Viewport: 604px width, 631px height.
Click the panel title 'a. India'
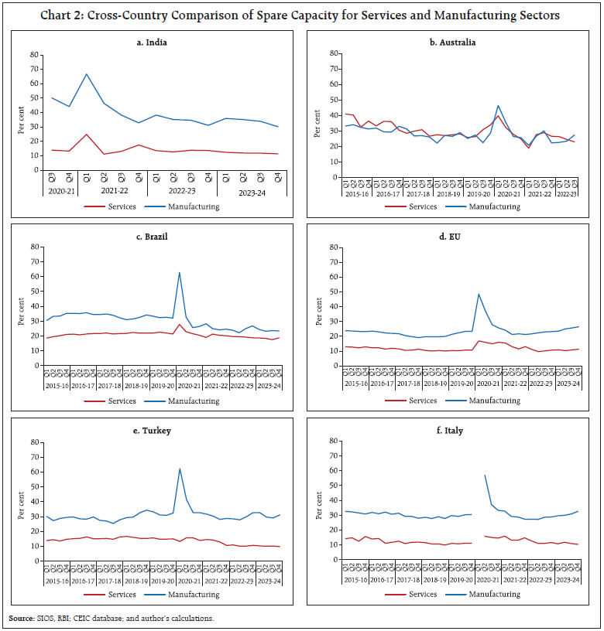156,43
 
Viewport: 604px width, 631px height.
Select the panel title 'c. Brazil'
156,236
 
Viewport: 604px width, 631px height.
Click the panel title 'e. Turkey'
156,430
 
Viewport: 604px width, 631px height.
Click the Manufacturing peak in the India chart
87,74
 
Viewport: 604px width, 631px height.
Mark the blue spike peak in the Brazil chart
180,272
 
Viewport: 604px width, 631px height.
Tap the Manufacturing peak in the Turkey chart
180,468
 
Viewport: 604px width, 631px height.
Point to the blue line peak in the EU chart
479,294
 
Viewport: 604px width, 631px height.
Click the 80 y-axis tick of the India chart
33,55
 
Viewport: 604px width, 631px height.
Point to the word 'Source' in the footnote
22,618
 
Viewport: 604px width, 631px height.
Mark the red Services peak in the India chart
87,134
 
